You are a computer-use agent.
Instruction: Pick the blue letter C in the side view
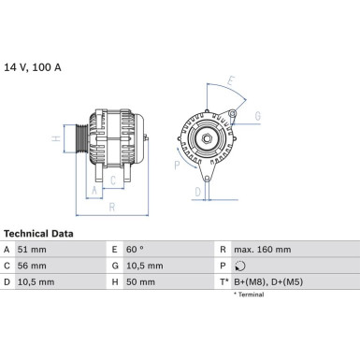(113, 180)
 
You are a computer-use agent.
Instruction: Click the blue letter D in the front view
(196, 192)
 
